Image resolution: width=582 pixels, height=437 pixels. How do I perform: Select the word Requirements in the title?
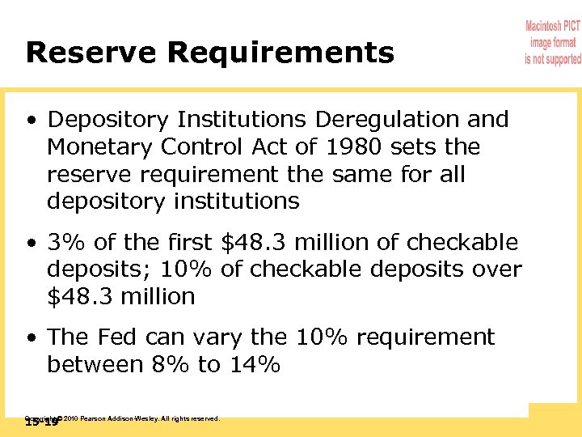(x=280, y=53)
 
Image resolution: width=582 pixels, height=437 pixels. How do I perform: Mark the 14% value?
(x=255, y=364)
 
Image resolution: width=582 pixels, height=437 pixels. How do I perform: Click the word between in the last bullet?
(x=96, y=364)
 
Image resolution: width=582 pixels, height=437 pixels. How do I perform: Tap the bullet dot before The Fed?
(x=31, y=337)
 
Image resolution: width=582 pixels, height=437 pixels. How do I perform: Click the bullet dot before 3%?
(x=31, y=243)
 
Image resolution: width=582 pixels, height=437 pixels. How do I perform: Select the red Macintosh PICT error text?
(x=553, y=44)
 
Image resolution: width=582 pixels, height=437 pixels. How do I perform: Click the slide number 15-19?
(x=41, y=422)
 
